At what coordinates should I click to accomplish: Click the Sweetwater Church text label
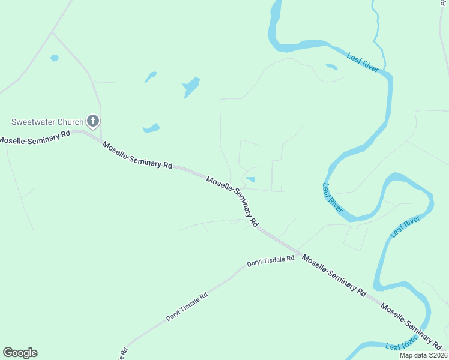tap(46, 122)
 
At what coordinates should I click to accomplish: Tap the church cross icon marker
tap(92, 122)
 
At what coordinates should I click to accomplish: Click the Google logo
tap(20, 353)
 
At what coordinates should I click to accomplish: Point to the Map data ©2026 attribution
tap(423, 355)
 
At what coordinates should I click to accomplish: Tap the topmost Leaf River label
tap(363, 62)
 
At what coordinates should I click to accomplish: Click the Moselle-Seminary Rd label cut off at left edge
tap(35, 137)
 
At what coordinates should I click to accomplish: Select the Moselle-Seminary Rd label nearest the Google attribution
tap(411, 325)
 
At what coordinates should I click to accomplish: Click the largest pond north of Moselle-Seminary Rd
tap(191, 88)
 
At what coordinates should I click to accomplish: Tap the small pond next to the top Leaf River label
tap(331, 67)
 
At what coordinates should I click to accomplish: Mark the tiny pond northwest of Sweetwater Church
tap(55, 58)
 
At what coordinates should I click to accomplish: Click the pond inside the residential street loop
tap(250, 179)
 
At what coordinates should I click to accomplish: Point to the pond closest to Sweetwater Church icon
tap(151, 128)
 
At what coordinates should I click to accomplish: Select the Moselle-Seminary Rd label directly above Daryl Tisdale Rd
tap(334, 275)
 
